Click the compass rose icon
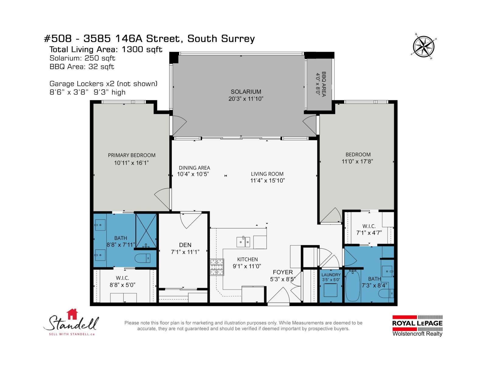click(423, 46)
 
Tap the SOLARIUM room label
click(246, 92)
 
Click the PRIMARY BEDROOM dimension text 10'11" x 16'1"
click(131, 163)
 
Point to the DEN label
click(185, 245)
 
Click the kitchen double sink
click(243, 242)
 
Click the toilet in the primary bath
click(142, 258)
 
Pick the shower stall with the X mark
click(146, 231)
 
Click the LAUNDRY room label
click(331, 275)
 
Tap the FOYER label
click(282, 272)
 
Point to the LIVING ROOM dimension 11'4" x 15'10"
click(267, 180)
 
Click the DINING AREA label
click(194, 168)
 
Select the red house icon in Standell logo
click(72, 314)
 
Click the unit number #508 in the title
click(58, 39)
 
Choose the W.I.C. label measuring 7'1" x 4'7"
click(369, 226)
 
